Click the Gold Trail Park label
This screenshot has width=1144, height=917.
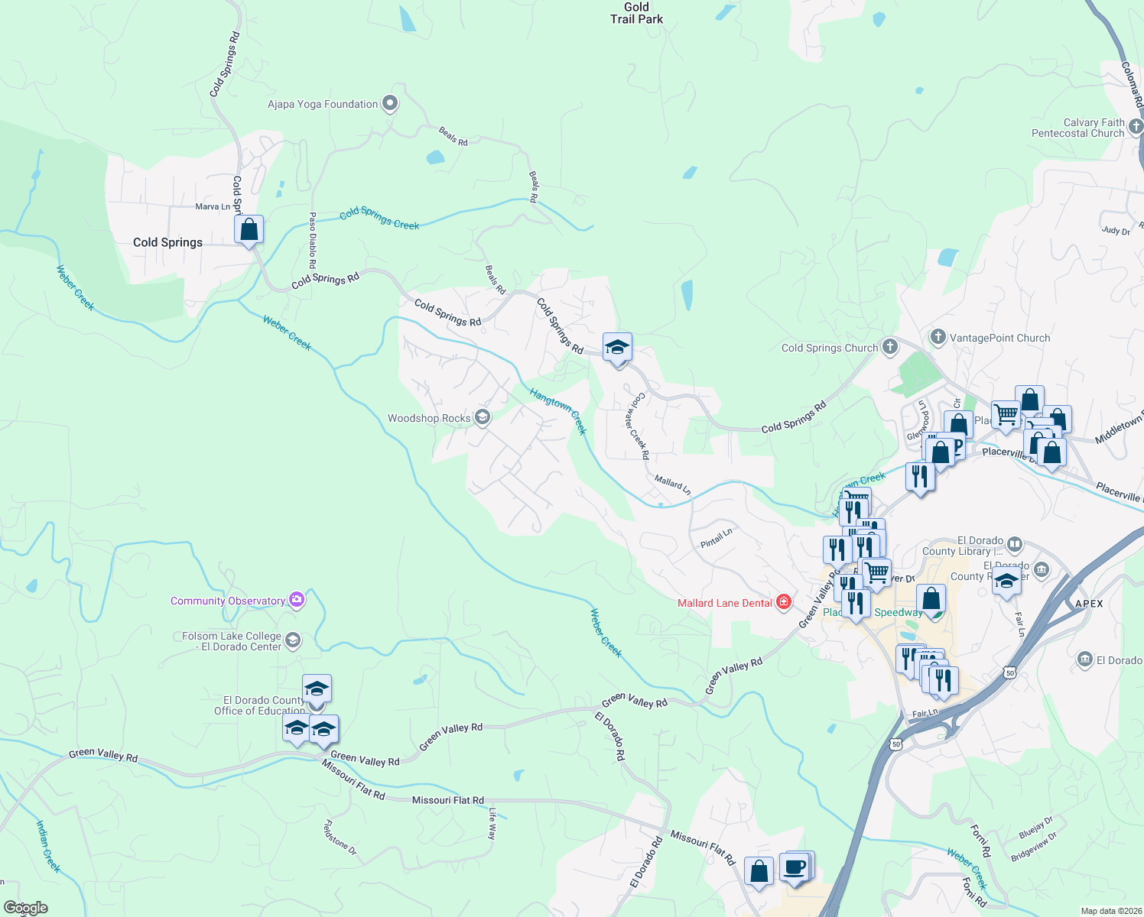pyautogui.click(x=636, y=13)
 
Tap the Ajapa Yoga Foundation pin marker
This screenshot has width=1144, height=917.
pyautogui.click(x=390, y=103)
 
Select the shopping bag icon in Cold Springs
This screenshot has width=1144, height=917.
pyautogui.click(x=249, y=229)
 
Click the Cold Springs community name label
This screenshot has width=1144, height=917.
pyautogui.click(x=167, y=242)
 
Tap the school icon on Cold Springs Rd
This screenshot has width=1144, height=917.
pyautogui.click(x=617, y=348)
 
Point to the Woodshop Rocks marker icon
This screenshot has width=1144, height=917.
pyautogui.click(x=482, y=417)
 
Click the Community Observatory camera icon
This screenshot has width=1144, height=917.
pyautogui.click(x=297, y=600)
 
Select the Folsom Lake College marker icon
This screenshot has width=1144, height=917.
pyautogui.click(x=292, y=640)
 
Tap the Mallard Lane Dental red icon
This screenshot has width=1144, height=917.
pyautogui.click(x=784, y=603)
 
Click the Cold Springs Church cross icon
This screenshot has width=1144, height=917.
pyautogui.click(x=889, y=347)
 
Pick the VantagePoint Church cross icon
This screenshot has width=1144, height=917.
pyautogui.click(x=938, y=337)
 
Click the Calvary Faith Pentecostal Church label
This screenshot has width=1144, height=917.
pyautogui.click(x=1077, y=128)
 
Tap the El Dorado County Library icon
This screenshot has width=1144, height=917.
pyautogui.click(x=1015, y=544)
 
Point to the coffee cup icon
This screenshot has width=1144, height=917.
pyautogui.click(x=795, y=867)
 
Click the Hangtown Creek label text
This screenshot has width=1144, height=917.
pyautogui.click(x=558, y=411)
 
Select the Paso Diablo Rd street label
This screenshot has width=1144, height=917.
pyautogui.click(x=313, y=240)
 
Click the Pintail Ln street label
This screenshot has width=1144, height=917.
pyautogui.click(x=717, y=537)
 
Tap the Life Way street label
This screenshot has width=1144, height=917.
pyautogui.click(x=492, y=824)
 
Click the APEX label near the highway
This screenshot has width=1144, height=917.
pyautogui.click(x=1089, y=604)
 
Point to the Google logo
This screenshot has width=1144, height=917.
pyautogui.click(x=26, y=908)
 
